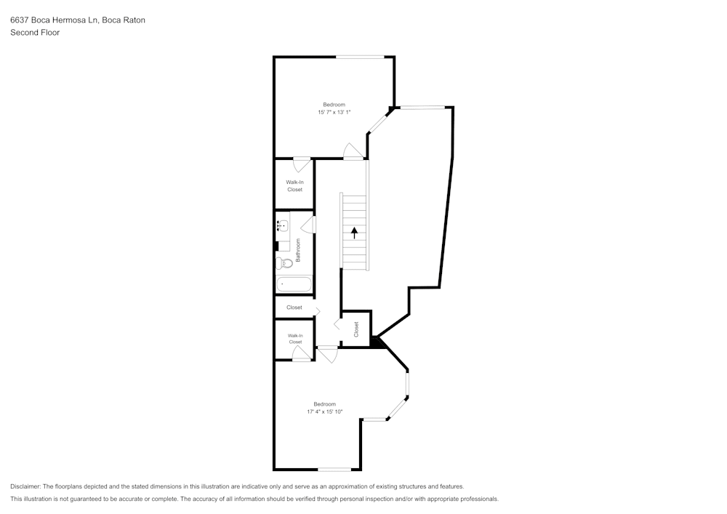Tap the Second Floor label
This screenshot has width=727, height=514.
35,33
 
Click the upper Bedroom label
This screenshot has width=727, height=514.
334,105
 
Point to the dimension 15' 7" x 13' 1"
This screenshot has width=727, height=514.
334,113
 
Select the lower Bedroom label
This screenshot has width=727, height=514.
324,404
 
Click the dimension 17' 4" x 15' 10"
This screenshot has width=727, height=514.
324,412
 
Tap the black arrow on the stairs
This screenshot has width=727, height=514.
355,233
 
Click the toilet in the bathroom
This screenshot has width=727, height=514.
284,262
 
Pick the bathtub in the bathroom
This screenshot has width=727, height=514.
293,284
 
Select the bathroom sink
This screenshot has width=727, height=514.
283,225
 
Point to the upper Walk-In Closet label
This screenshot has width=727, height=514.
294,186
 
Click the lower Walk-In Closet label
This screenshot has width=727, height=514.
295,339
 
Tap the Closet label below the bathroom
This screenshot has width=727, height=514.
294,308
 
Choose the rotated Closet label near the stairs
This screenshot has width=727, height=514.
356,329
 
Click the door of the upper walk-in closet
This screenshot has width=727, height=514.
301,163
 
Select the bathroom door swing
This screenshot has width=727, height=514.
308,225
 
